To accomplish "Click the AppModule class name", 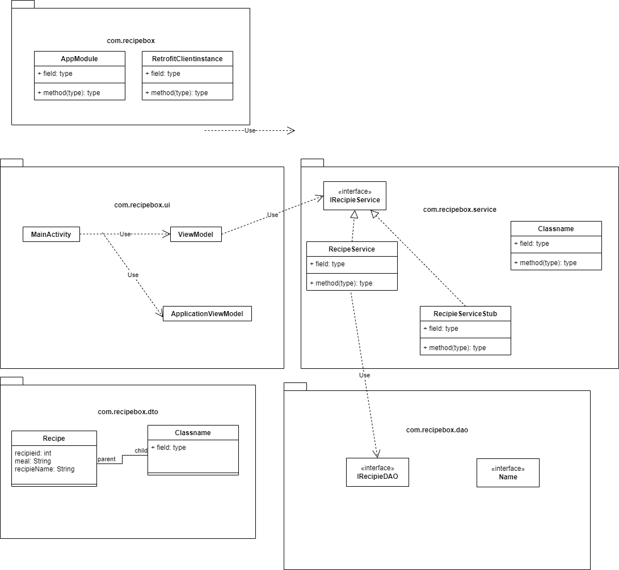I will (x=79, y=58).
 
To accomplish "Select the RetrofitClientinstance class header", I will (x=187, y=58).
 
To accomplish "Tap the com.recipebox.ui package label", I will (x=142, y=205).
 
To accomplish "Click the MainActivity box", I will (x=51, y=234).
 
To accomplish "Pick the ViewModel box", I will (x=196, y=234).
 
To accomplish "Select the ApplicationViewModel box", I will (x=207, y=314).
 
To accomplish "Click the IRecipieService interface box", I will (x=355, y=196).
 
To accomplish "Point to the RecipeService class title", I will (x=352, y=249).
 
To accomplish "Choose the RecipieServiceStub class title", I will (x=465, y=313).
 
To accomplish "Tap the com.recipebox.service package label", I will (x=460, y=210).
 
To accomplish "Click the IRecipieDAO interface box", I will (x=377, y=473).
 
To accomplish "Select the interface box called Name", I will (x=508, y=473).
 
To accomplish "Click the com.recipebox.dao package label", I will (x=437, y=430).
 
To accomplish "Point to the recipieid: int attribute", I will (x=33, y=453).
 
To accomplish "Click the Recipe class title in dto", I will (x=54, y=438).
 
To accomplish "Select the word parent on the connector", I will (x=107, y=459).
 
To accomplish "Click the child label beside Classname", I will (x=141, y=450).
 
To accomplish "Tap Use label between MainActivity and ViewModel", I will (x=125, y=234).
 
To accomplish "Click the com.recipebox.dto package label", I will (x=128, y=412).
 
